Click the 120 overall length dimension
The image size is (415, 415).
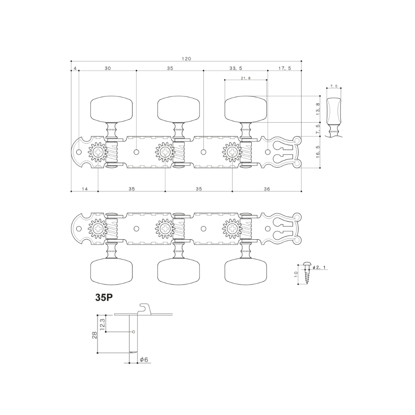coord(186,59)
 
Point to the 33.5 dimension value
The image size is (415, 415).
coord(236,68)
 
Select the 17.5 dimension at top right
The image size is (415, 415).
coord(284,68)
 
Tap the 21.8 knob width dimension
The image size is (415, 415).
coord(246,78)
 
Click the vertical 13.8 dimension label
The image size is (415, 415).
coord(317,109)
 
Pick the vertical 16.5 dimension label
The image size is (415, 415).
coord(317,152)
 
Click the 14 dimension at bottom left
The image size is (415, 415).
coord(85,189)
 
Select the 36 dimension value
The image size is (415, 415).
coord(267,189)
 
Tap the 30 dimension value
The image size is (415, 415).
coord(108,68)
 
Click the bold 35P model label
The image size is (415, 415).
coord(104,298)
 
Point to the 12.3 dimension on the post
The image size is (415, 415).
coord(102,323)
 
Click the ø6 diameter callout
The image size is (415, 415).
coord(144,360)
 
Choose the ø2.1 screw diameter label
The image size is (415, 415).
coord(319,267)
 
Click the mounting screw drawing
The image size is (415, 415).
coord(307,274)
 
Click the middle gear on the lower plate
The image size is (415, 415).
coord(165,229)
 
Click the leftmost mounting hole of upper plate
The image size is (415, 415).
coord(79,152)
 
